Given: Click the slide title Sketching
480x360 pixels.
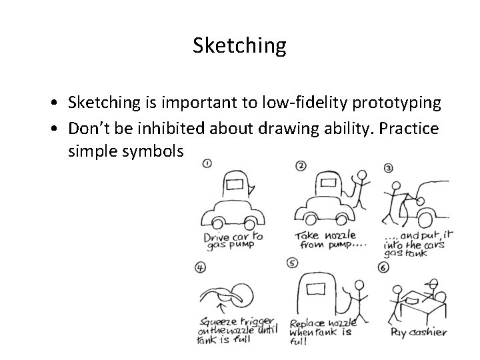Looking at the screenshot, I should [239, 45].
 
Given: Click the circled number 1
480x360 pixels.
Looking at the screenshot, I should [207, 163].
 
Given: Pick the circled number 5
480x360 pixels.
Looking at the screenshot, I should [292, 263].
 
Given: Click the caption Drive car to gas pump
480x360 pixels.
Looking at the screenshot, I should [231, 241].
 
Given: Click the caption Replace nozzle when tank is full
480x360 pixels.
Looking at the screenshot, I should [322, 331].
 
